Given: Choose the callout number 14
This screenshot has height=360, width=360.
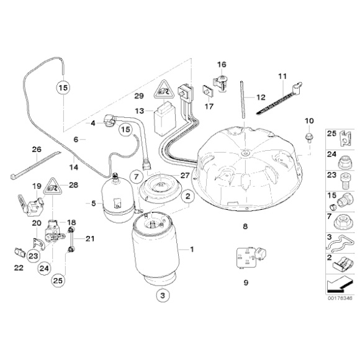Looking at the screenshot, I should pyautogui.click(x=74, y=167).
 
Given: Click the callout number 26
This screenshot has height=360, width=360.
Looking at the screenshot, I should pyautogui.click(x=36, y=149).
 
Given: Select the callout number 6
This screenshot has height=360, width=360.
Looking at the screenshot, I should pyautogui.click(x=76, y=140).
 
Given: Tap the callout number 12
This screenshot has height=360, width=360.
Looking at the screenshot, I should pyautogui.click(x=260, y=97).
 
